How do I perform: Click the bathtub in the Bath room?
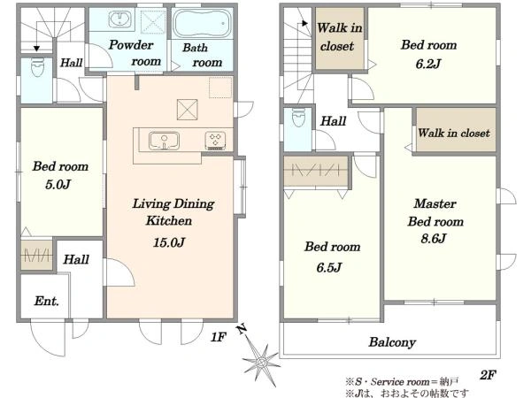tap(202, 23)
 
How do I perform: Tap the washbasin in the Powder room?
tap(119, 19)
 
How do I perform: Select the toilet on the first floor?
tap(37, 68)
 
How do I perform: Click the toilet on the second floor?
tap(298, 117)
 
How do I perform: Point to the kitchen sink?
tap(164, 141)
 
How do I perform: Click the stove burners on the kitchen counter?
tap(215, 141)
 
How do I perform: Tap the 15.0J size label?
tap(169, 242)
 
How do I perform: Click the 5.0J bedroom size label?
tap(58, 185)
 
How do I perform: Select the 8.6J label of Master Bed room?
tap(434, 239)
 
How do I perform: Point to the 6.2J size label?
tap(428, 64)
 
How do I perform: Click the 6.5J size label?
tap(329, 268)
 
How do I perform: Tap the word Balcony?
tap(392, 342)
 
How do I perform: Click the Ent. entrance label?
tap(46, 301)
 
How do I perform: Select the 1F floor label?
tap(218, 337)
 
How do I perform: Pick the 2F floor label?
tap(488, 375)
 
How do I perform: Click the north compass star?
tap(260, 362)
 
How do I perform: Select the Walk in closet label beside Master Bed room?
tap(454, 133)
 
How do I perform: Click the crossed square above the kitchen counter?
tap(188, 110)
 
